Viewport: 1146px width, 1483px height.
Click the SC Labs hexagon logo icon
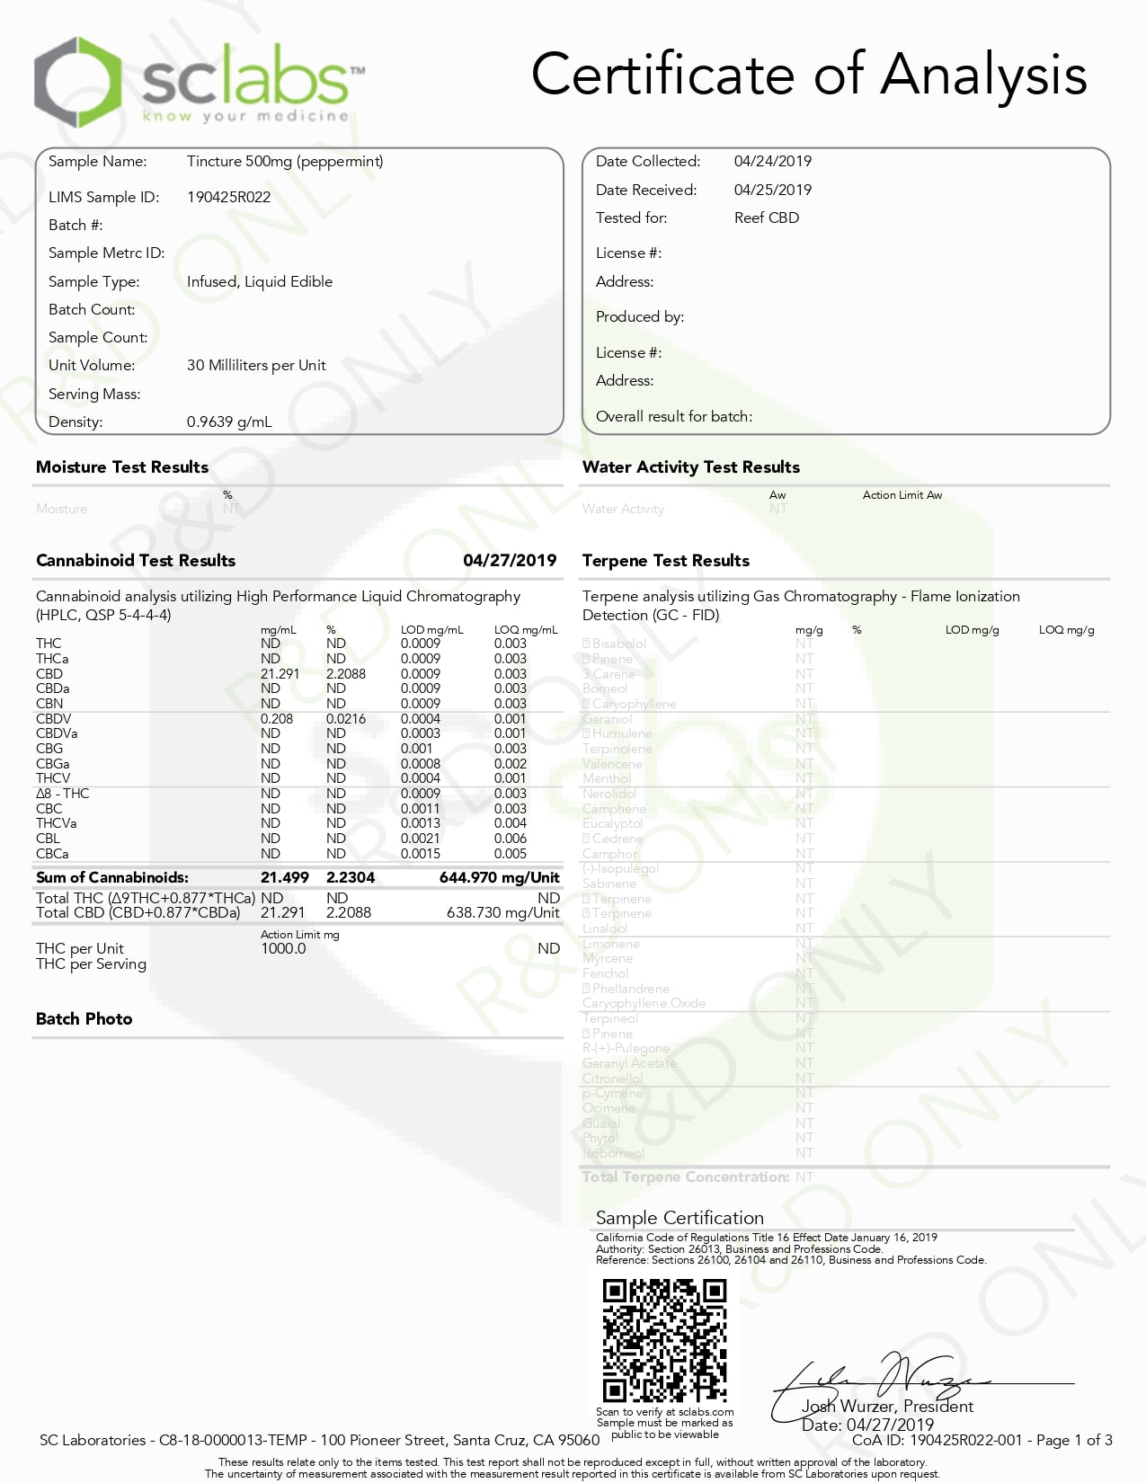(77, 82)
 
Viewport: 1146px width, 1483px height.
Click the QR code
(664, 1340)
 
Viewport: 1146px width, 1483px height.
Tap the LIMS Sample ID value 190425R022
(228, 197)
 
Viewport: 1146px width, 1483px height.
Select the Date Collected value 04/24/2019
(772, 161)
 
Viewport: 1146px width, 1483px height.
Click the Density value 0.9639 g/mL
(229, 422)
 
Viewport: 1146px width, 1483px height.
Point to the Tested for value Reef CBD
(766, 218)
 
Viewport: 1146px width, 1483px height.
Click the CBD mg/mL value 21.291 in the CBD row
(280, 674)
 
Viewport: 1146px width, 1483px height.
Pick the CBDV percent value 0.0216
(346, 719)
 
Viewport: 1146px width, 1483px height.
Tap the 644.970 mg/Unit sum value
(499, 877)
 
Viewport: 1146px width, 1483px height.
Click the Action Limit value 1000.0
(283, 948)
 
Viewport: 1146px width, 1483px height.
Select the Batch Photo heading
(84, 1018)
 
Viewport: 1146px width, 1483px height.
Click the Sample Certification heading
(680, 1218)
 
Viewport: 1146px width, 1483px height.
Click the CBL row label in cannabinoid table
(48, 839)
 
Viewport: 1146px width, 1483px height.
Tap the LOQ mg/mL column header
(525, 630)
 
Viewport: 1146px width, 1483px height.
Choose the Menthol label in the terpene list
(607, 778)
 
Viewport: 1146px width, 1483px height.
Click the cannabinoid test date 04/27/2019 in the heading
(510, 560)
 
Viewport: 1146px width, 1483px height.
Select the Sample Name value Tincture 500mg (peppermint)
(285, 161)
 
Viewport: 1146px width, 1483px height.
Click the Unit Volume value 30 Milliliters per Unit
(256, 365)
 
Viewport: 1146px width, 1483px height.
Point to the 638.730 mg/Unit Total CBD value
(502, 912)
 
